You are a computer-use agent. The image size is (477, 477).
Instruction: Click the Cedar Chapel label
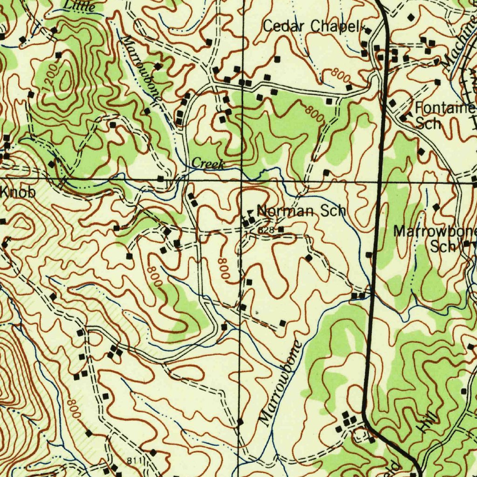(312, 27)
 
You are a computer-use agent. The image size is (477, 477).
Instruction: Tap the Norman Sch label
(301, 211)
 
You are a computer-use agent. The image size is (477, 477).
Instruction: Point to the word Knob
(18, 191)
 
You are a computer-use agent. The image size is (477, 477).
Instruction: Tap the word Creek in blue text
(208, 163)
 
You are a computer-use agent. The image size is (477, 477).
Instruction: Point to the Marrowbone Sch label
(434, 238)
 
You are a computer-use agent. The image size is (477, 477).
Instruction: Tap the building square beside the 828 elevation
(281, 229)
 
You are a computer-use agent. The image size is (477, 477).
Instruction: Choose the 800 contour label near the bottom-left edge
(73, 409)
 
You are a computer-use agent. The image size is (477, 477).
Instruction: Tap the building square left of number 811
(114, 467)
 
